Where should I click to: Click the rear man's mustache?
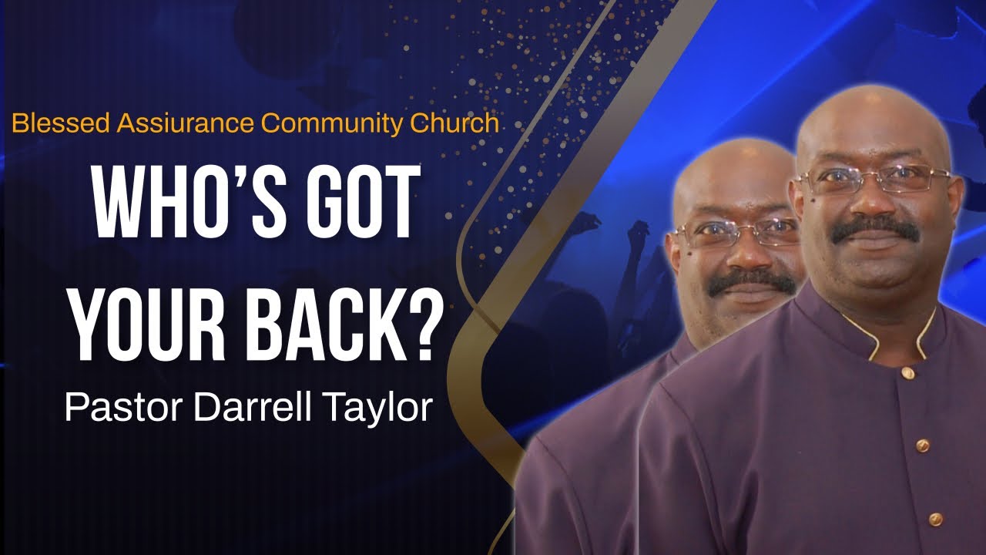751,281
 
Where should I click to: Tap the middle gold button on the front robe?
921,446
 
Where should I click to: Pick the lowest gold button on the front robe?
935,519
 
